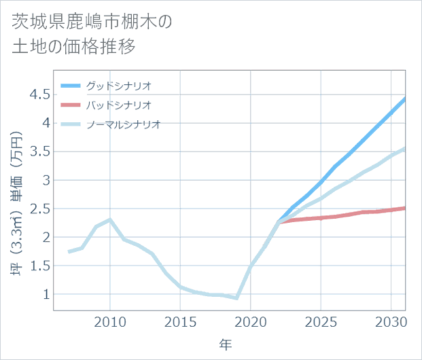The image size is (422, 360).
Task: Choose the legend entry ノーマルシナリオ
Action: coord(123,124)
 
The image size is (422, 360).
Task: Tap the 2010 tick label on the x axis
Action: coord(111,321)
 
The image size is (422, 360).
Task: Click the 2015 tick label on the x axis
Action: coord(181,321)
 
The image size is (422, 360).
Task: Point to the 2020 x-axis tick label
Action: coord(251,321)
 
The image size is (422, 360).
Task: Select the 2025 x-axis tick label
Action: coord(321,321)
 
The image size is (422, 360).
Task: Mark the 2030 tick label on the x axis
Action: coord(391,321)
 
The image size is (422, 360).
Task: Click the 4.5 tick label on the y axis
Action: coord(40,94)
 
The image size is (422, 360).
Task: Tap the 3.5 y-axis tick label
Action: coord(40,151)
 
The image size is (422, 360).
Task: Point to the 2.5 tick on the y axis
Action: coord(40,209)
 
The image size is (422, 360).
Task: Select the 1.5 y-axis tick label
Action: coord(40,266)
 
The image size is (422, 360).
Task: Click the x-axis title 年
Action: coord(225,345)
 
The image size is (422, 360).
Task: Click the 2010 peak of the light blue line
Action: coord(111,219)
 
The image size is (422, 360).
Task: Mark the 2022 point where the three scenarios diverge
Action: coord(279,222)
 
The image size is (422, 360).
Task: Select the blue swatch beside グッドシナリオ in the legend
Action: coord(70,86)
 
